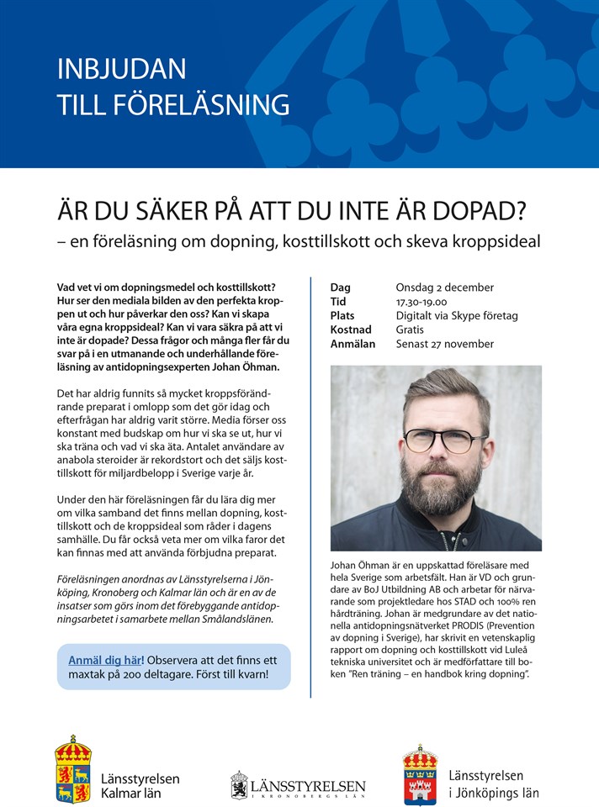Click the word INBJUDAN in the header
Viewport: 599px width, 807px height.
pyautogui.click(x=121, y=68)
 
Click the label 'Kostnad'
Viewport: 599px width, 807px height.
pyautogui.click(x=353, y=330)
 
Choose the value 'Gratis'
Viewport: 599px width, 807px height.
pyautogui.click(x=410, y=330)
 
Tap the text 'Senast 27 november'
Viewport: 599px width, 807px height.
pyautogui.click(x=444, y=344)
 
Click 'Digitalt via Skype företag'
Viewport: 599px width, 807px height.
pyautogui.click(x=457, y=315)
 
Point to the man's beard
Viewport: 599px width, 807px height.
pyautogui.click(x=436, y=491)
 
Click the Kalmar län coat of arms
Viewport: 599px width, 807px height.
pyautogui.click(x=73, y=768)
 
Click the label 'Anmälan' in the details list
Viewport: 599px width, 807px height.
pyautogui.click(x=353, y=344)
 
